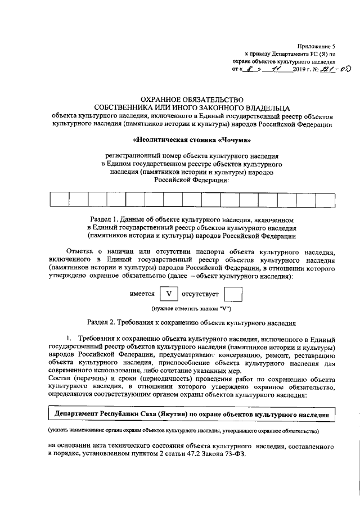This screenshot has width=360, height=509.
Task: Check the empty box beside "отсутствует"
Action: tap(232, 294)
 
